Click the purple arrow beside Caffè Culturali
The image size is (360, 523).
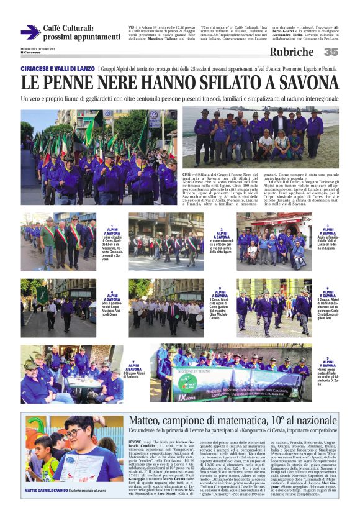29,32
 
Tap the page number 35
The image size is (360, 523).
331,52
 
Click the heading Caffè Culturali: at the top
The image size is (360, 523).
68,28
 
